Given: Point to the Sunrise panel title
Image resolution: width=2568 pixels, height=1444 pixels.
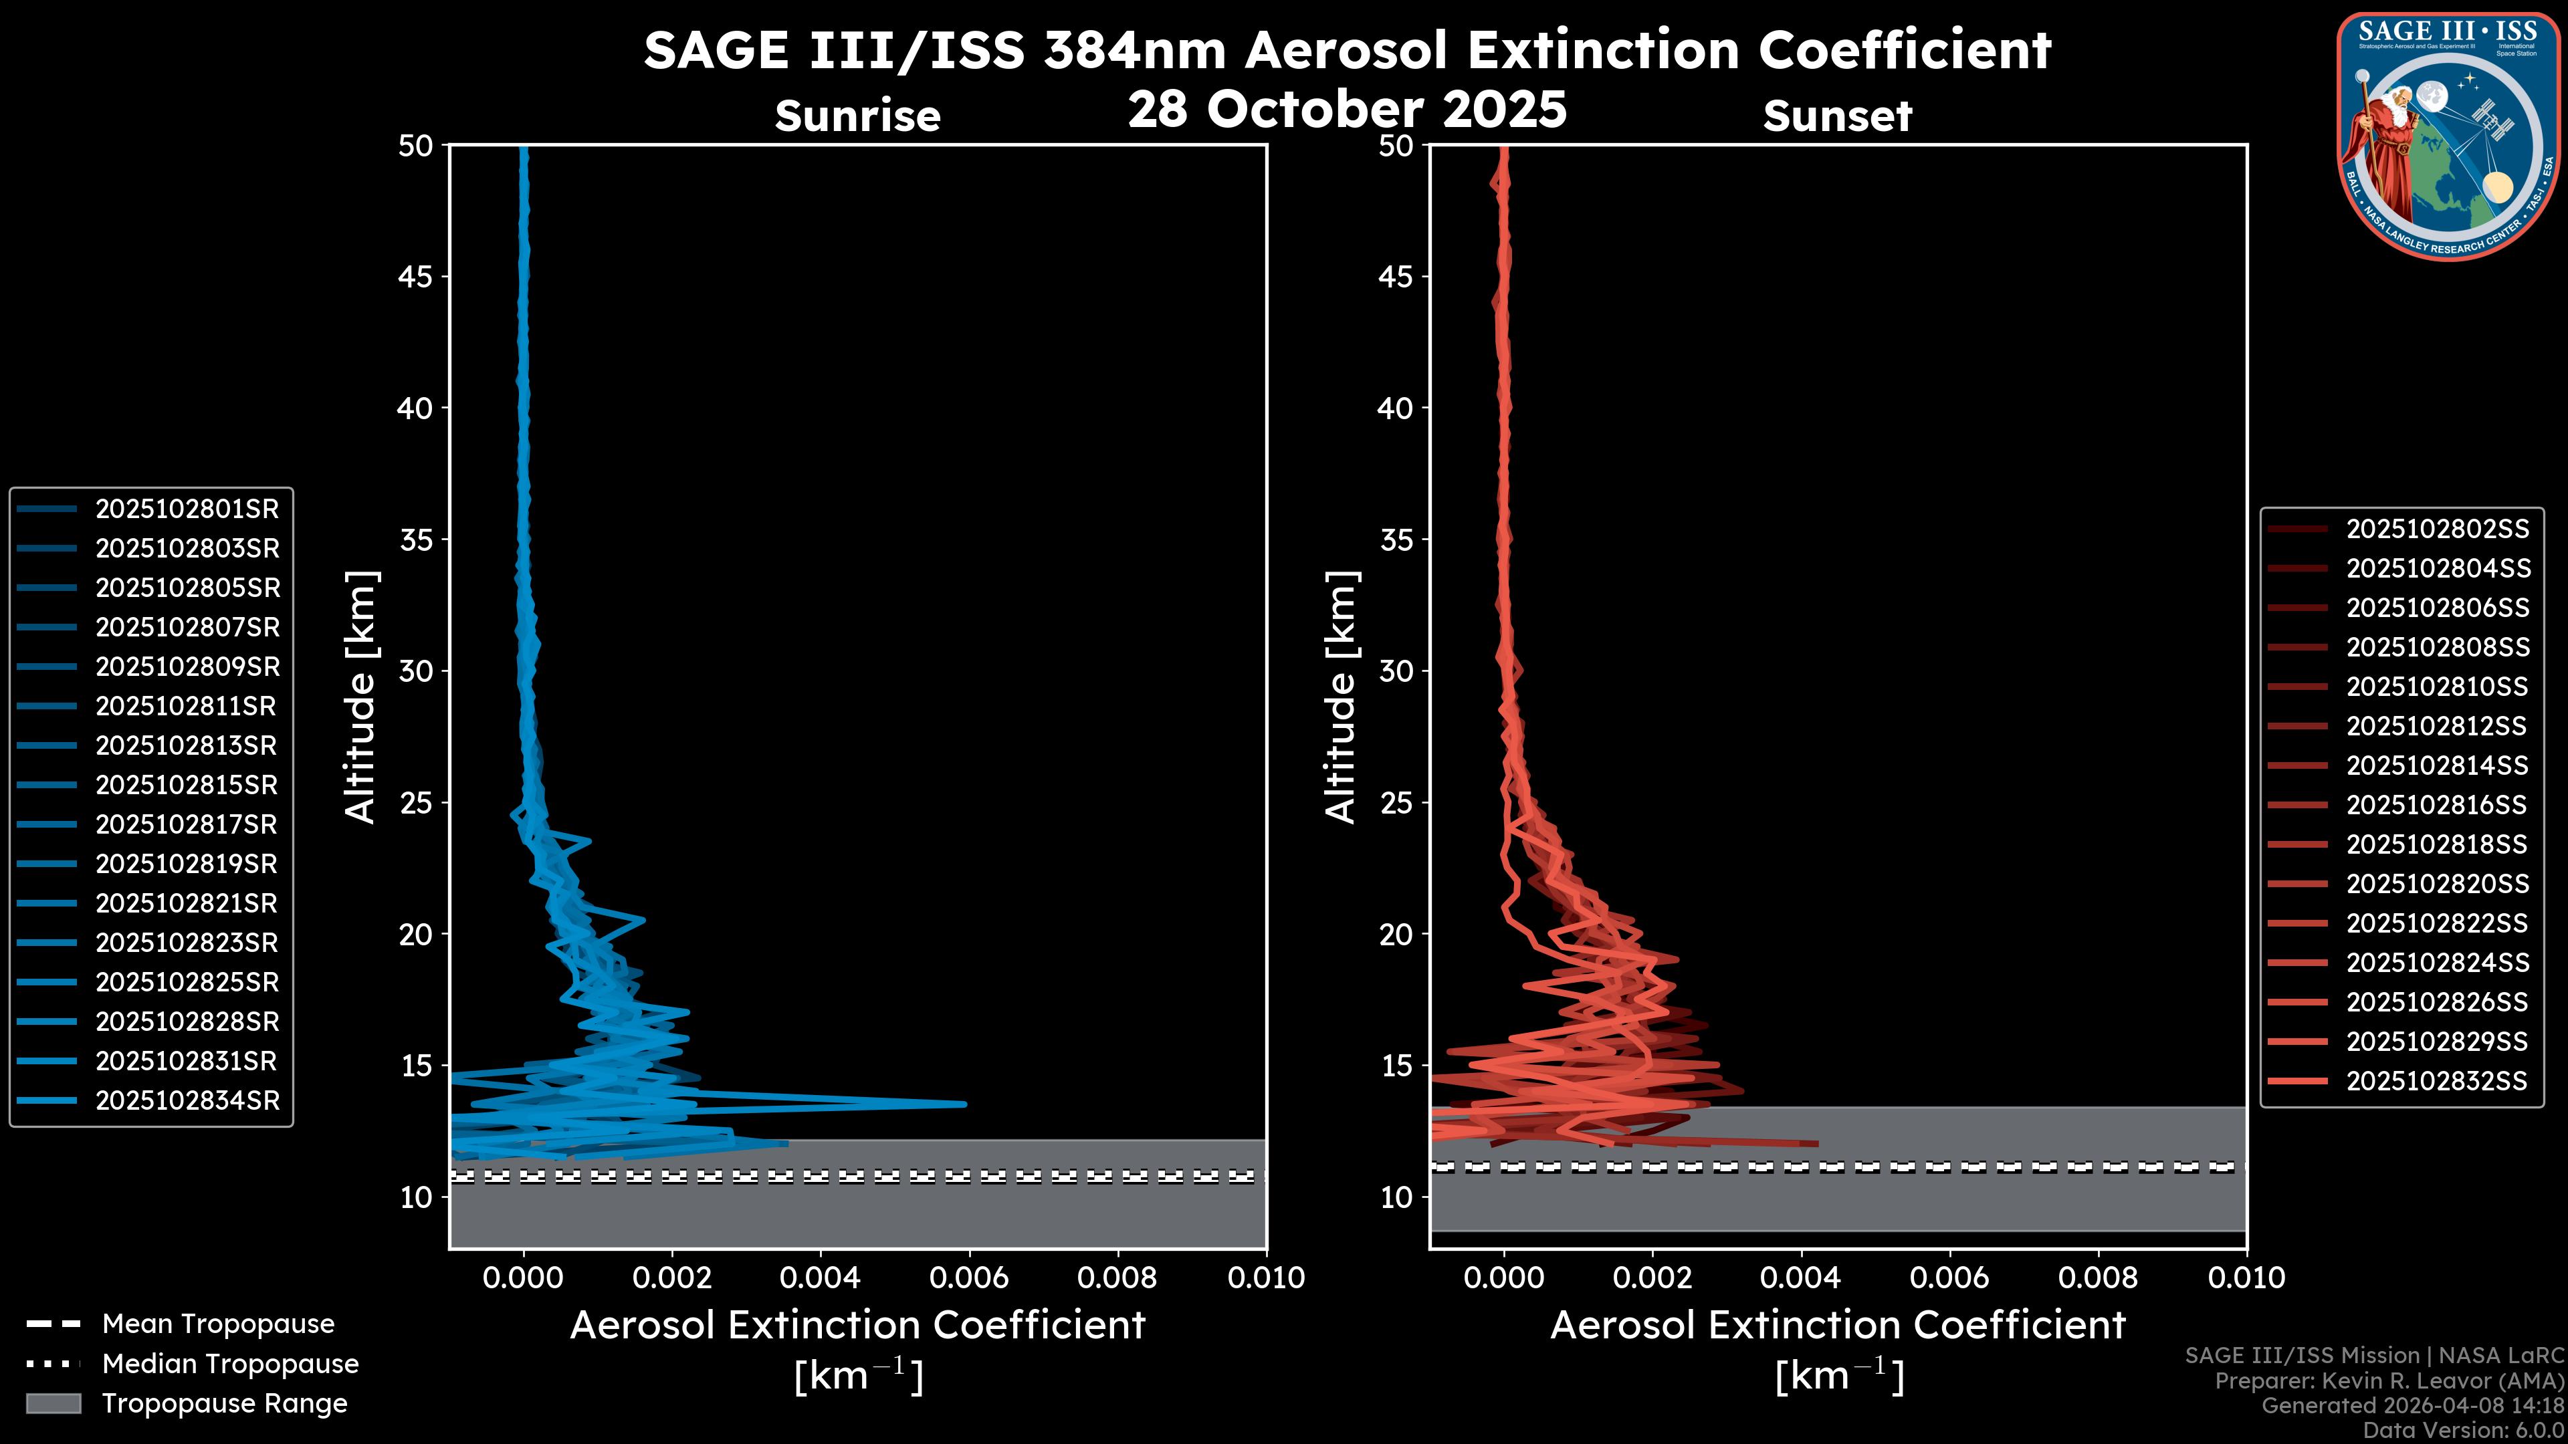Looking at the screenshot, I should [857, 116].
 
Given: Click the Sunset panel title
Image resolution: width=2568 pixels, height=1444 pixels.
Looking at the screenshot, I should [1837, 116].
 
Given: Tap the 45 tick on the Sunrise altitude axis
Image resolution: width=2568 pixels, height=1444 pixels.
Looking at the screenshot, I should [416, 277].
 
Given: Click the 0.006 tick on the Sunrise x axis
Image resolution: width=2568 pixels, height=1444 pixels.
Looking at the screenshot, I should [969, 1278].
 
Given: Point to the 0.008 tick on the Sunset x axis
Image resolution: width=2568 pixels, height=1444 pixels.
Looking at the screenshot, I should [2099, 1278].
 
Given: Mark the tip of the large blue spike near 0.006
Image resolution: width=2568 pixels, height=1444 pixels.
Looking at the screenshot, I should [964, 1103].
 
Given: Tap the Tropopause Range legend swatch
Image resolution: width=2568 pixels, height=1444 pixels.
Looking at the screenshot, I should [53, 1404].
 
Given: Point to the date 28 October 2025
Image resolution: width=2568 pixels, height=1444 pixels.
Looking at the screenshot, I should [1347, 108].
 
